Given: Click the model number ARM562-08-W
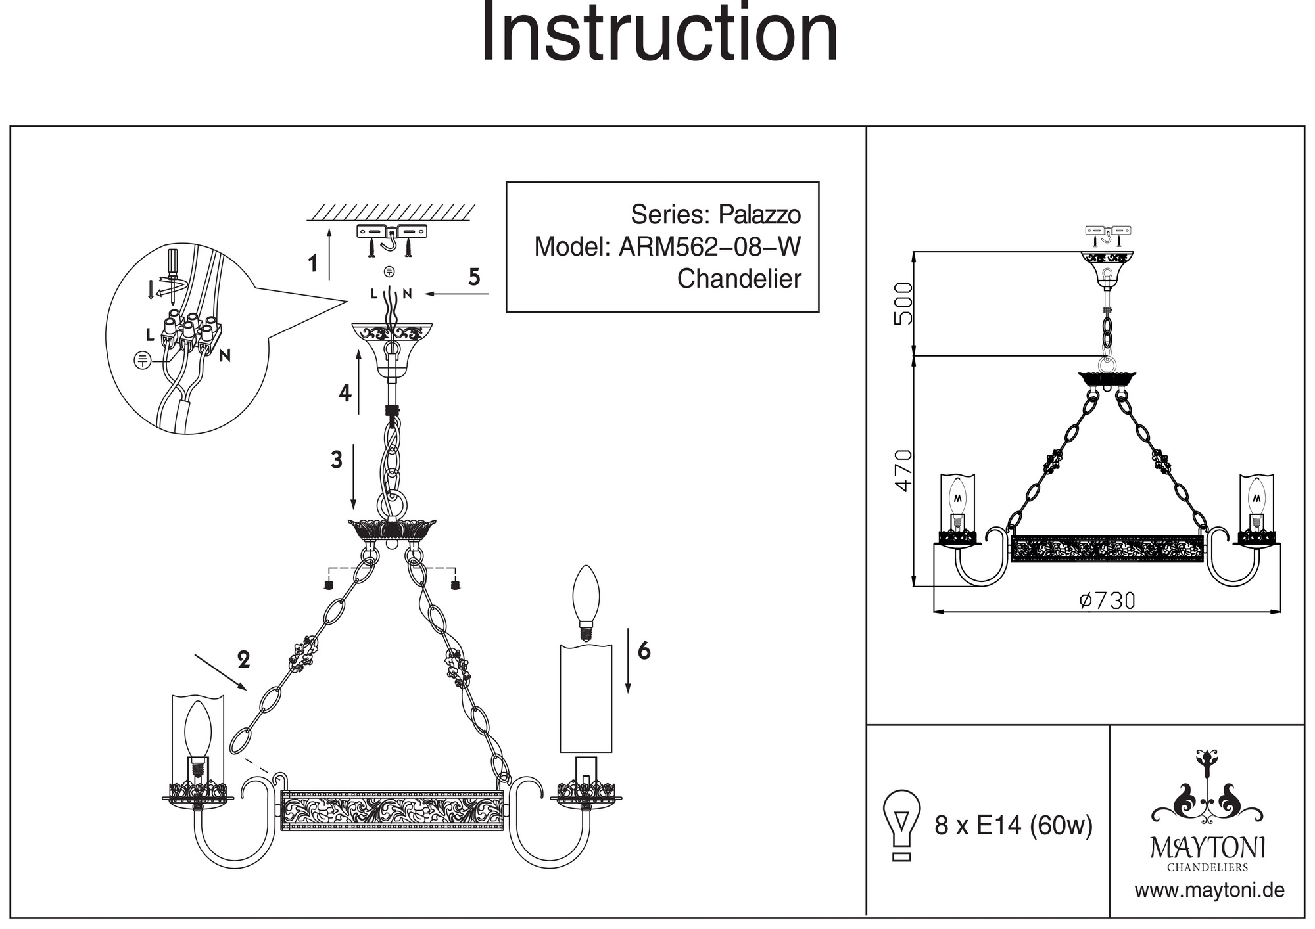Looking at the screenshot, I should (x=709, y=247).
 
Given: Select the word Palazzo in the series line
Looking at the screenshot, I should (x=759, y=215).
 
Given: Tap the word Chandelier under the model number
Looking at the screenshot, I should (x=739, y=279).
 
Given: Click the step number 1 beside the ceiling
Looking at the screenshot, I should (x=313, y=263).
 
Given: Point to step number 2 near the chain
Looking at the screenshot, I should (x=244, y=660).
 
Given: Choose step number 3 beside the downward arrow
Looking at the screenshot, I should (x=337, y=460).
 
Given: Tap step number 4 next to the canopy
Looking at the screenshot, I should (x=345, y=394).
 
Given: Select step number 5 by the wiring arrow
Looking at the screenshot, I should (x=474, y=277).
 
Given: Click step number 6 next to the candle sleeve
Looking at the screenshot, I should (x=644, y=650).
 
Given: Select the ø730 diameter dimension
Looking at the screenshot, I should (x=1107, y=600).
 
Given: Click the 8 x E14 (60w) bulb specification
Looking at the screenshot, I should (x=1013, y=825).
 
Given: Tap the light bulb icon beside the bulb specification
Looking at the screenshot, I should (x=902, y=824).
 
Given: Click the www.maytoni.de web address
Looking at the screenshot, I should (x=1209, y=891).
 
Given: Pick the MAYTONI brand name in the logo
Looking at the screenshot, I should (x=1207, y=848).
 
